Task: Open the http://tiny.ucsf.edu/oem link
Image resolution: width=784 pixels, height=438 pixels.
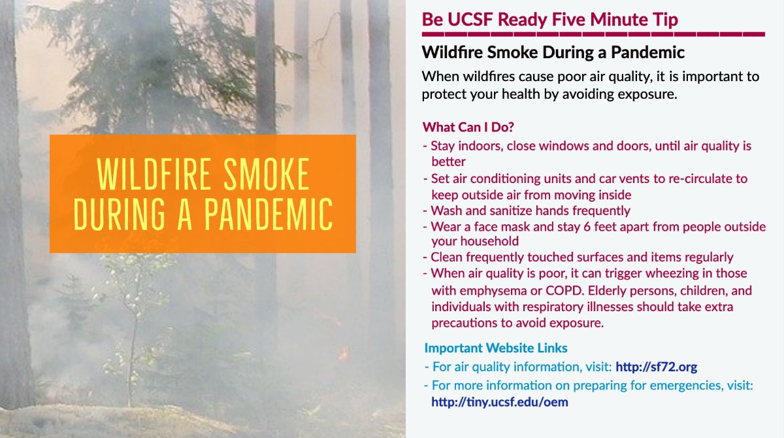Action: coord(500,402)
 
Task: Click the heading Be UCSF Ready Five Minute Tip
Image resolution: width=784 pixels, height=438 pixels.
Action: coord(550,19)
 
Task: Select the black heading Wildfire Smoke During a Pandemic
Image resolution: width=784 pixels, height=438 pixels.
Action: coord(553,52)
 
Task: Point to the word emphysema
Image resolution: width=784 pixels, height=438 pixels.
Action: coord(469,290)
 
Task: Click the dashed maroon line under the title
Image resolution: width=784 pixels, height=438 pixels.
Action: coord(593,34)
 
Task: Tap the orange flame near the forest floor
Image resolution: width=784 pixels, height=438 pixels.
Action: coord(342,354)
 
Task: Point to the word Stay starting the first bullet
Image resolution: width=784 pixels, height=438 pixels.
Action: coord(444,146)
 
